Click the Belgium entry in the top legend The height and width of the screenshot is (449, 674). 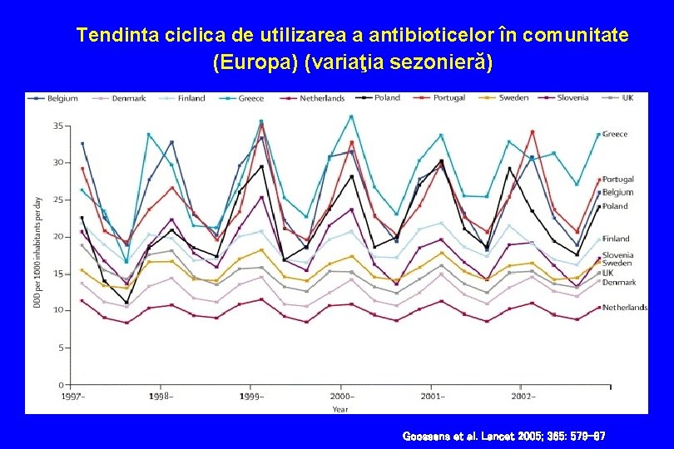(x=62, y=98)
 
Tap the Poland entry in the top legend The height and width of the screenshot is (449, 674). (x=387, y=97)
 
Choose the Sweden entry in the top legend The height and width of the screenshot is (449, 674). (x=513, y=97)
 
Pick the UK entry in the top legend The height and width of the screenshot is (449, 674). (x=627, y=97)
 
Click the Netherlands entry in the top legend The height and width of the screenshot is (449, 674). (x=321, y=98)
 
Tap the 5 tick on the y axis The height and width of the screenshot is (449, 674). (x=60, y=348)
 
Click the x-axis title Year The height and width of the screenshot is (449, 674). (x=340, y=409)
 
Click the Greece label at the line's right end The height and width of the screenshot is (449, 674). (x=615, y=134)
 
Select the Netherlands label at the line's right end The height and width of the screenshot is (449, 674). (x=625, y=308)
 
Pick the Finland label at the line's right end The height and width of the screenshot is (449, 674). (x=616, y=239)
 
